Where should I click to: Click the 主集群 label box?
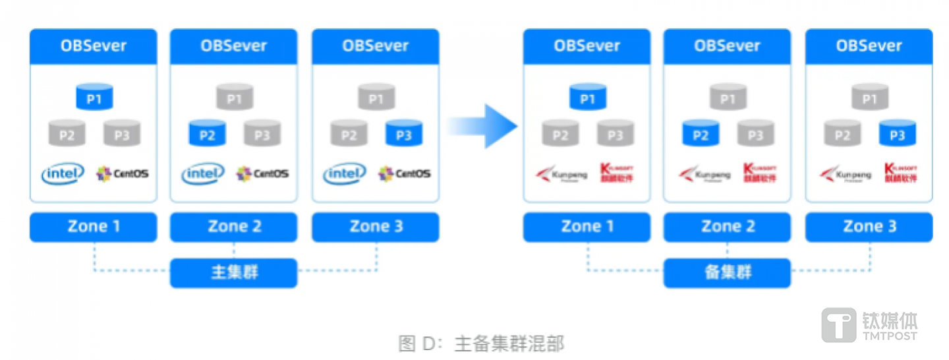pyautogui.click(x=233, y=272)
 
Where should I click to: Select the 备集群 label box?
pyautogui.click(x=727, y=272)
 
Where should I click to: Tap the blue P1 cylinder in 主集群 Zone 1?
pyautogui.click(x=94, y=97)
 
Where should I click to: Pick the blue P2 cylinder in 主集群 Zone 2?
pyautogui.click(x=207, y=134)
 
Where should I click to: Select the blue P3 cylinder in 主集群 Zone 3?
pyautogui.click(x=403, y=134)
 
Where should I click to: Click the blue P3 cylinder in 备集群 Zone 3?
pyautogui.click(x=897, y=134)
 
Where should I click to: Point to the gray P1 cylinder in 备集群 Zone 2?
pyautogui.click(x=727, y=97)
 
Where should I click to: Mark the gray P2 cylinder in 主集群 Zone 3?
pyautogui.click(x=349, y=134)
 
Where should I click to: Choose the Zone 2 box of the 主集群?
pyautogui.click(x=234, y=227)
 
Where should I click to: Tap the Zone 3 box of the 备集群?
pyautogui.click(x=869, y=227)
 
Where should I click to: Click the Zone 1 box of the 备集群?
pyautogui.click(x=587, y=227)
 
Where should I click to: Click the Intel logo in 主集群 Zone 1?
pyautogui.click(x=63, y=173)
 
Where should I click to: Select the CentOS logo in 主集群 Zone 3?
pyautogui.click(x=404, y=173)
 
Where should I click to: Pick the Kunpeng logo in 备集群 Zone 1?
pyautogui.click(x=560, y=174)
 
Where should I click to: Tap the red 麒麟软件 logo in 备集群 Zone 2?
pyautogui.click(x=760, y=173)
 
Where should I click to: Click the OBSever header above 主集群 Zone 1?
pyautogui.click(x=94, y=46)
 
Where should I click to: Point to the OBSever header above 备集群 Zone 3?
pyautogui.click(x=869, y=46)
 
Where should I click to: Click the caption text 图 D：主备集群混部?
pyautogui.click(x=481, y=344)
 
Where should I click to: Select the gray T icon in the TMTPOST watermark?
pyautogui.click(x=838, y=325)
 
